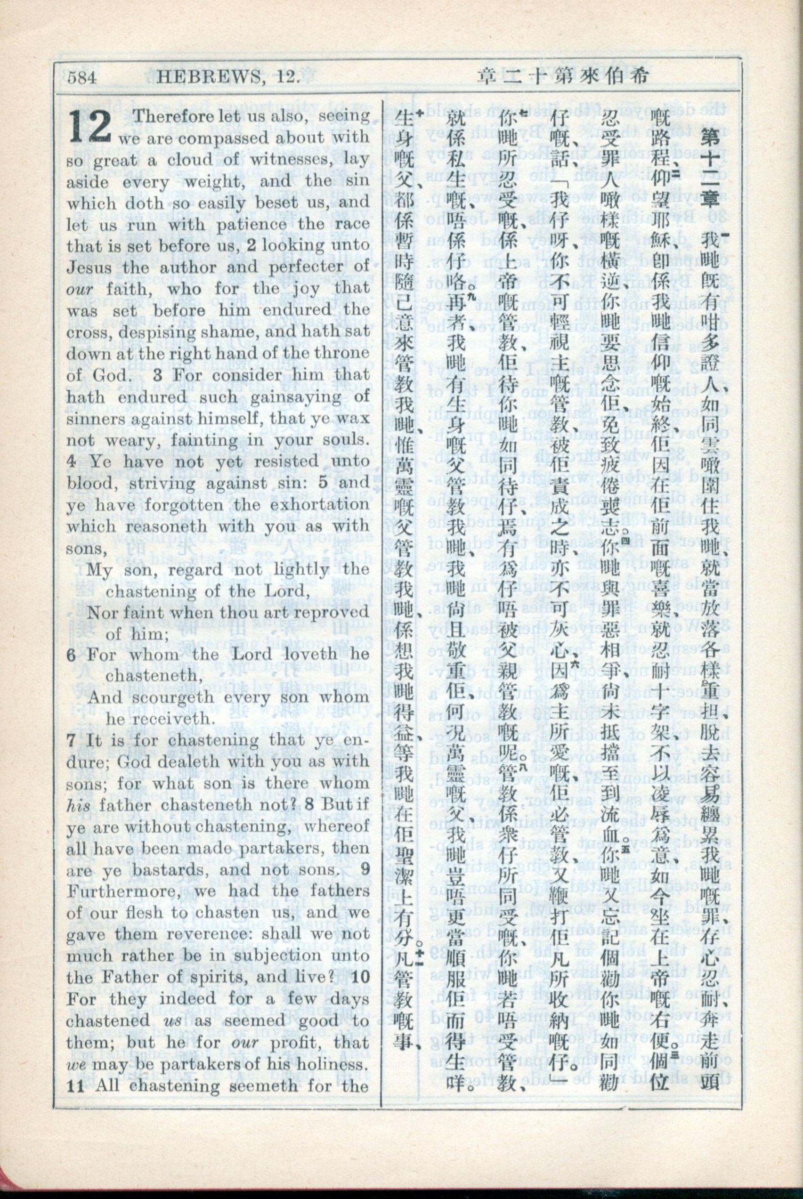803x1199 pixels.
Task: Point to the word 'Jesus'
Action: coord(87,267)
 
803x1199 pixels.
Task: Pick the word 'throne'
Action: coord(343,353)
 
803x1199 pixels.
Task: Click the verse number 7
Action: coord(71,740)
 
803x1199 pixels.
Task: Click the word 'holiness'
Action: coord(333,1064)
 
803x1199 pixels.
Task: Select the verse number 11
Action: coord(75,1086)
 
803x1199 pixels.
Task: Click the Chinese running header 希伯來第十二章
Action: coord(563,77)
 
